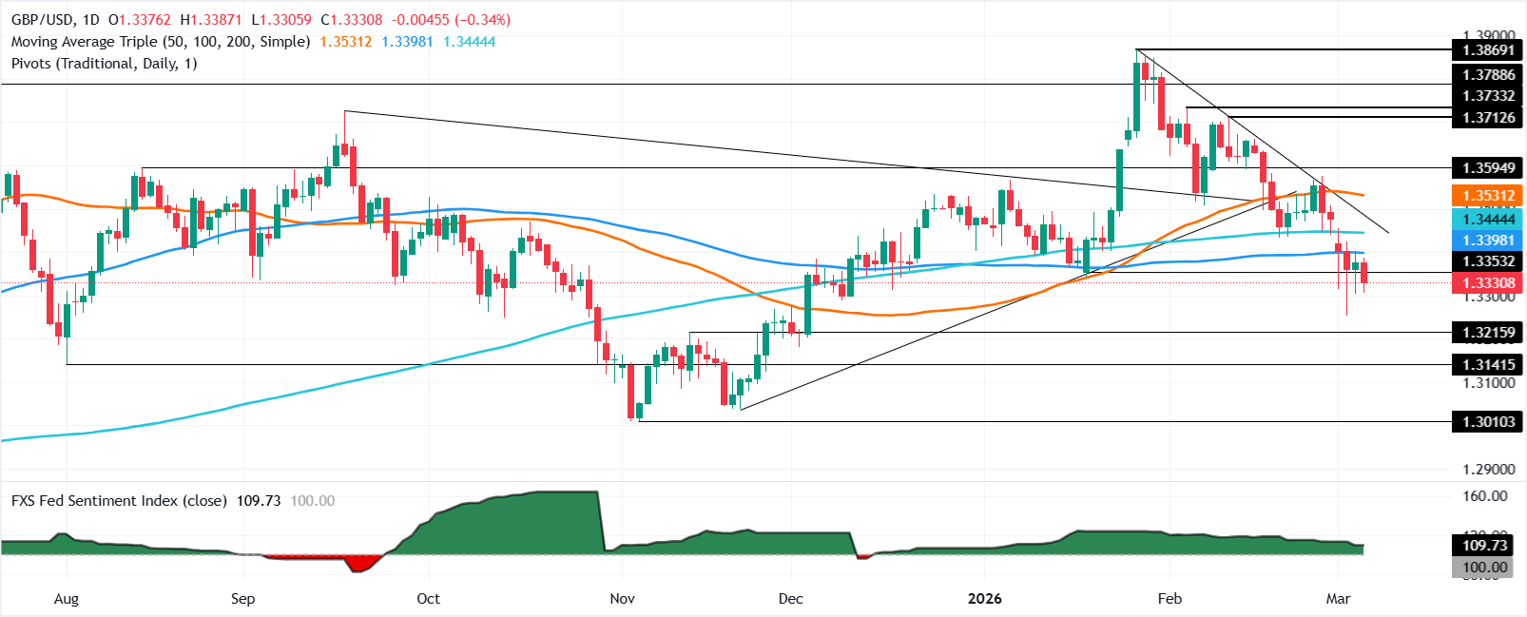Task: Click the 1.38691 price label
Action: [1488, 49]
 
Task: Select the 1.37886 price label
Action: [1488, 74]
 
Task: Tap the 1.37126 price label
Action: [1488, 118]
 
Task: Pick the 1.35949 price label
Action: [1488, 168]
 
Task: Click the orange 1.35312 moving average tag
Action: [1488, 196]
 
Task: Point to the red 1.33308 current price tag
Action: [1488, 282]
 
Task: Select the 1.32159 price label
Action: [1488, 332]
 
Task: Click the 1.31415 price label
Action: [1488, 364]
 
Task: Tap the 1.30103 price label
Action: [1488, 421]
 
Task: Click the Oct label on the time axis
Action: [429, 598]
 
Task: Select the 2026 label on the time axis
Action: [985, 598]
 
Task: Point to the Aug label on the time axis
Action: [67, 598]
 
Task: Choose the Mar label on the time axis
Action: [1338, 598]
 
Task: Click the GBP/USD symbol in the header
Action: [40, 20]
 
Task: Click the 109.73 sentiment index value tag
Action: [1485, 545]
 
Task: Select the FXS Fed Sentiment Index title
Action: [119, 501]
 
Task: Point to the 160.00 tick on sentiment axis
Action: [1485, 495]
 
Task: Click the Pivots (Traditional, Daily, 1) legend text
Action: [105, 64]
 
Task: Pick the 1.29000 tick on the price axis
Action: [1488, 470]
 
